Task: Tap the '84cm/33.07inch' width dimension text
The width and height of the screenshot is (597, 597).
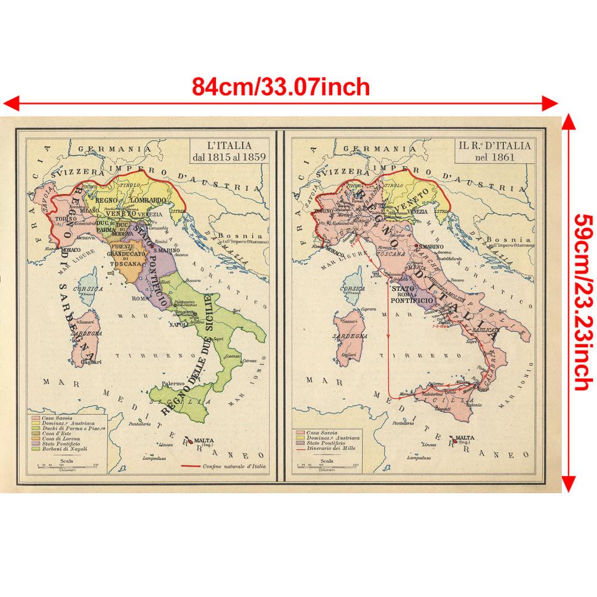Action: pos(281,87)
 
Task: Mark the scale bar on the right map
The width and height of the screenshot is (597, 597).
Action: pos(327,466)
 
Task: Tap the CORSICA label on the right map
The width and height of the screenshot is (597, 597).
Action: pos(351,288)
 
